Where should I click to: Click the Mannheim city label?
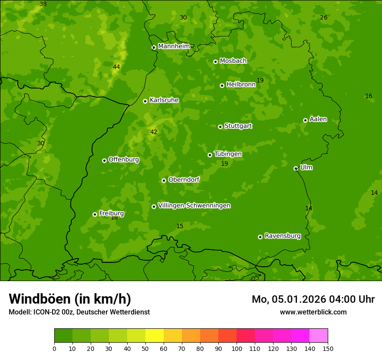pyautogui.click(x=174, y=46)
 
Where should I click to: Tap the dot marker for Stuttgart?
pyautogui.click(x=220, y=127)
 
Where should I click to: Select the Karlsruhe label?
pyautogui.click(x=164, y=100)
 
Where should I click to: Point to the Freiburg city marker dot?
pyautogui.click(x=95, y=214)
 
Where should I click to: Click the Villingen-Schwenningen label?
pyautogui.click(x=194, y=206)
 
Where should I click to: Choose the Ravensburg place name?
pyautogui.click(x=282, y=236)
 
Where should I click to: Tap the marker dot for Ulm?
pyautogui.click(x=296, y=168)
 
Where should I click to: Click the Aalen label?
pyautogui.click(x=318, y=119)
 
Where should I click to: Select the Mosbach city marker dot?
pyautogui.click(x=215, y=62)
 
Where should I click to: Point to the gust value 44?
pyautogui.click(x=116, y=67)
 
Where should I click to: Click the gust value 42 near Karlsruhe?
pyautogui.click(x=154, y=132)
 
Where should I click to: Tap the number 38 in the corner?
pyautogui.click(x=43, y=4)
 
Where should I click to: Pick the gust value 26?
pyautogui.click(x=323, y=17)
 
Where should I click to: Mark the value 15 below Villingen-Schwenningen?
pyautogui.click(x=180, y=226)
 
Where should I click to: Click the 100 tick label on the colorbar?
pyautogui.click(x=237, y=348)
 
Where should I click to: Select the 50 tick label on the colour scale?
pyautogui.click(x=145, y=348)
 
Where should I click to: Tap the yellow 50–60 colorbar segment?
pyautogui.click(x=155, y=336)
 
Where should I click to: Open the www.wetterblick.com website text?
pyautogui.click(x=313, y=312)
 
